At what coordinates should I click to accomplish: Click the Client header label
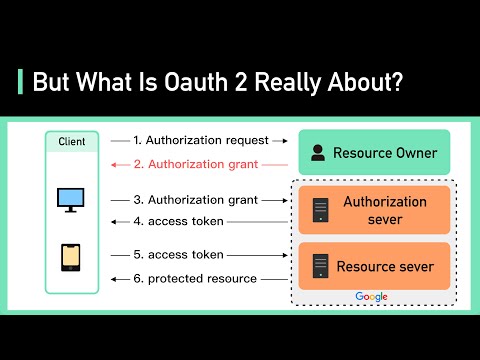(71, 143)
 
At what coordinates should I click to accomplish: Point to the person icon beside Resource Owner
(318, 153)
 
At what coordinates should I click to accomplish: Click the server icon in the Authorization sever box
(321, 210)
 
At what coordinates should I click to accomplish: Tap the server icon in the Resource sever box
(321, 266)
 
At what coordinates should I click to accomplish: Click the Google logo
(372, 297)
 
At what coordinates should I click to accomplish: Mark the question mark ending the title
(398, 82)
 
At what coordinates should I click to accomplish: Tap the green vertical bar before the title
(20, 82)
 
